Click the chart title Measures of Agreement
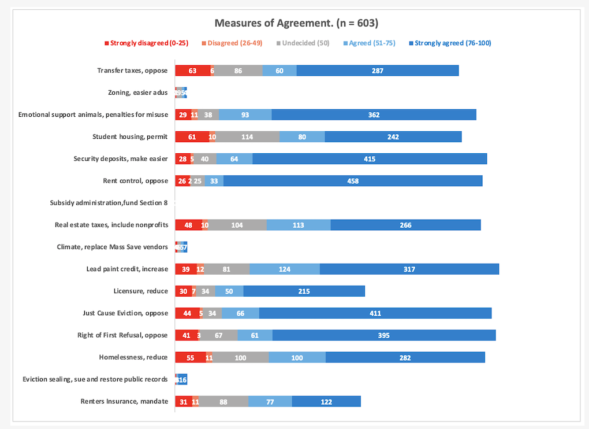click(x=296, y=23)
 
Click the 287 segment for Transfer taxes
click(x=378, y=71)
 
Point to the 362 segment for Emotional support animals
click(x=374, y=114)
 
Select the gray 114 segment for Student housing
click(x=248, y=137)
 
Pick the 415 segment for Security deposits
click(x=370, y=159)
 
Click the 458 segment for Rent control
click(x=353, y=181)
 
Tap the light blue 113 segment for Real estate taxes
click(x=298, y=225)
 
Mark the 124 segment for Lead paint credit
click(x=285, y=269)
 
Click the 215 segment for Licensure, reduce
click(x=304, y=291)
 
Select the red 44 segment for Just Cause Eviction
click(x=187, y=313)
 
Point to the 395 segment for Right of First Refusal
click(x=384, y=335)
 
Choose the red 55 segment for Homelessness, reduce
click(x=190, y=357)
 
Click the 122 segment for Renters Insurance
click(x=326, y=401)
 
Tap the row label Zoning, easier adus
click(x=137, y=93)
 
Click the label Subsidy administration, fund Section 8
click(x=109, y=203)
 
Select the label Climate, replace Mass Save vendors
click(x=112, y=247)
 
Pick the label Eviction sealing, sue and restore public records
click(x=95, y=379)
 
